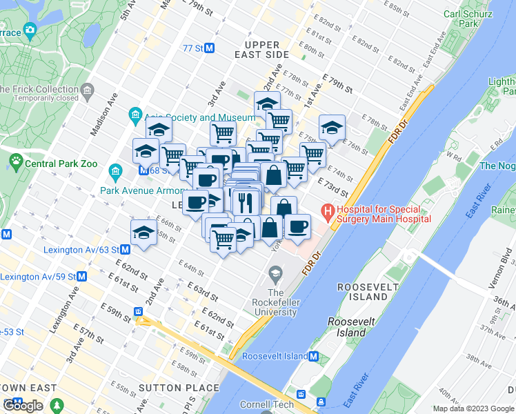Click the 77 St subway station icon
point(210,48)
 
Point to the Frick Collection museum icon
point(88,90)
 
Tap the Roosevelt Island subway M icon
point(314,356)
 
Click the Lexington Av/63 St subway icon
point(126,249)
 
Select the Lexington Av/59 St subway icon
point(81,277)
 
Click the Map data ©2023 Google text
point(473,408)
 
